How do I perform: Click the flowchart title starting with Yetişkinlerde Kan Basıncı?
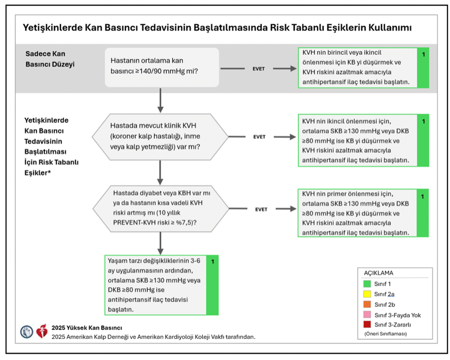coord(217,27)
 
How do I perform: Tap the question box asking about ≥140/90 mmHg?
coord(162,67)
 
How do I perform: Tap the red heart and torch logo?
coord(42,331)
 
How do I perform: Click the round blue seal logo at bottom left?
coord(26,331)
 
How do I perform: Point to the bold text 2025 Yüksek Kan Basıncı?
coord(87,328)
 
